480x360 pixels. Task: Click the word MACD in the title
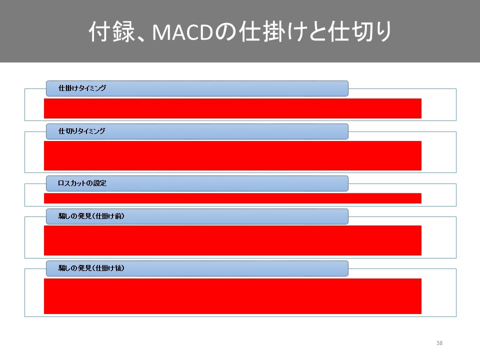pos(182,32)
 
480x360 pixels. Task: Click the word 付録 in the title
pos(111,31)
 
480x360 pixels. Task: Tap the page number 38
pos(439,343)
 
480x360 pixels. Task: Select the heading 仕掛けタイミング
pos(82,88)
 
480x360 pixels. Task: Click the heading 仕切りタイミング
pos(81,131)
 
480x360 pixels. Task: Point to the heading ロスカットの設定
pos(82,183)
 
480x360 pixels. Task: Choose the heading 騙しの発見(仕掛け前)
pos(91,216)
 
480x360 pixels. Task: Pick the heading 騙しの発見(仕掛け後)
pos(91,268)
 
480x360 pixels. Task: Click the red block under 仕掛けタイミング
pos(232,108)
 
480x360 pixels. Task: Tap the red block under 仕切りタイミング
pos(232,156)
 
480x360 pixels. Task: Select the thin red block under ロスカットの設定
pos(232,198)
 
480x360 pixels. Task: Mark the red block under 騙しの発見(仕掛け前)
pos(232,240)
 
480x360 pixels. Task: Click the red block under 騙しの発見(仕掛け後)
pos(232,296)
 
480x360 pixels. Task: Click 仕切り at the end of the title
pos(360,31)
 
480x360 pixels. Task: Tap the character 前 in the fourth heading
pos(117,216)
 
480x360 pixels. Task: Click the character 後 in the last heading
pos(117,268)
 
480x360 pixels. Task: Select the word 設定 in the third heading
pos(100,183)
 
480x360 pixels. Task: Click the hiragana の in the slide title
pos(226,32)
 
